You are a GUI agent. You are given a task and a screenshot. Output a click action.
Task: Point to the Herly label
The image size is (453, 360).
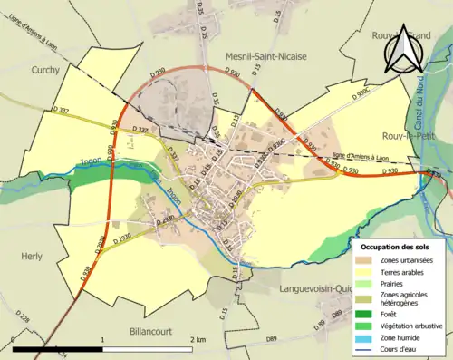point(33,257)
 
